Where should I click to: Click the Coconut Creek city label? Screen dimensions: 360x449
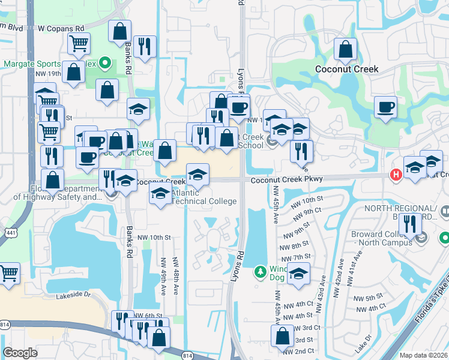(x=346, y=69)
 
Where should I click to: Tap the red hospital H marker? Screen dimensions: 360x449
(x=396, y=175)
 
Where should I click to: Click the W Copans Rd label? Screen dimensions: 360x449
(x=61, y=28)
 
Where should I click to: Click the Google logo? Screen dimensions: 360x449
(x=20, y=352)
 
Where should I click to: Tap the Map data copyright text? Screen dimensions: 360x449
(x=423, y=355)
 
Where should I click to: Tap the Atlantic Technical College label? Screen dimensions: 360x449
(x=204, y=197)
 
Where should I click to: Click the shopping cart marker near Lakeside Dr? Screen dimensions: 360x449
(x=9, y=273)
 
